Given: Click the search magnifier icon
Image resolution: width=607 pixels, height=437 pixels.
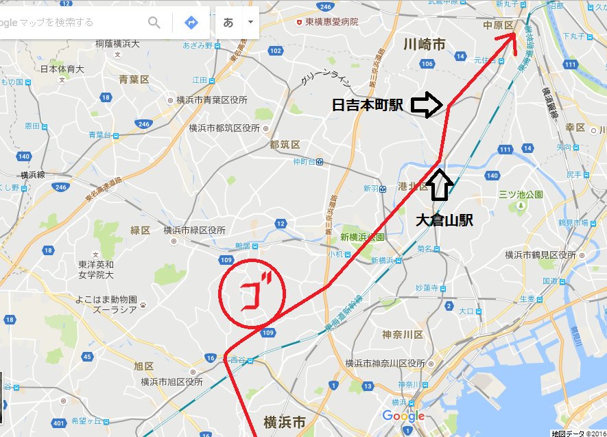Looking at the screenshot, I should (154, 23).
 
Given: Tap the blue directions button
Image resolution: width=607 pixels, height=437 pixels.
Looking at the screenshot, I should (191, 23).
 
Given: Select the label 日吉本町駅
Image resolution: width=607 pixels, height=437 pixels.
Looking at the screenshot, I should (369, 105).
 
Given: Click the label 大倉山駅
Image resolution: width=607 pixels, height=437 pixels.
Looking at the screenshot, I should (445, 220).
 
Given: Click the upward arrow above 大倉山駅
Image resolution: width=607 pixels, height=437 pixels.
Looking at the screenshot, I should (440, 185).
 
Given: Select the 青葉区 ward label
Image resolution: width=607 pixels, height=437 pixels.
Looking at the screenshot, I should (134, 80).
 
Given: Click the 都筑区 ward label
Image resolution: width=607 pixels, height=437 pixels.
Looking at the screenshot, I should (285, 145).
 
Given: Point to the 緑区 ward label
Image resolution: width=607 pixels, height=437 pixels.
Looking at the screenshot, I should (141, 231).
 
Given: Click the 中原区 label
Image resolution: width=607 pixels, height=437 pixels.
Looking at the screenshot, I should (499, 25).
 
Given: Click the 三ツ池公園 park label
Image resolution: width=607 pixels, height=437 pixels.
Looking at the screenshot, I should (521, 194).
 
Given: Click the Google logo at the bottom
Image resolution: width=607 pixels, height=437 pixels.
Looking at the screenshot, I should (403, 416).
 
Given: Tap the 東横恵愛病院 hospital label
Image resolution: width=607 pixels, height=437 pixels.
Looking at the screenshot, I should (332, 22).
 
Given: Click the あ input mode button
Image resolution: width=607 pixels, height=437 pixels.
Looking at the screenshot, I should (228, 23).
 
